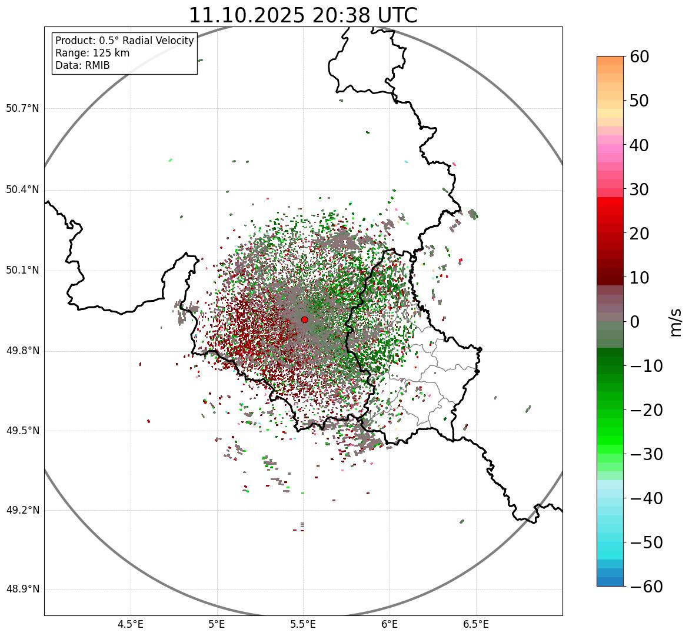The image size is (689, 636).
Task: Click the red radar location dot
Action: pyautogui.click(x=304, y=319)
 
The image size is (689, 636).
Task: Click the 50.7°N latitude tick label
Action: pyautogui.click(x=22, y=109)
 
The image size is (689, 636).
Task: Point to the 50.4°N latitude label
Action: pyautogui.click(x=22, y=190)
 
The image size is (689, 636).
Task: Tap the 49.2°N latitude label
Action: pyautogui.click(x=22, y=510)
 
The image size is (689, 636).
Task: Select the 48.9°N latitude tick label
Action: pyautogui.click(x=22, y=590)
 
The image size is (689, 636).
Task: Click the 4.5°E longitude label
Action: pyautogui.click(x=131, y=624)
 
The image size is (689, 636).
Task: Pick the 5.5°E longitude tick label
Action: pyautogui.click(x=303, y=624)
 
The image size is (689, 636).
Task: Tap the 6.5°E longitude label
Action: pyautogui.click(x=475, y=624)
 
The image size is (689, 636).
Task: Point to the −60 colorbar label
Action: pyautogui.click(x=646, y=587)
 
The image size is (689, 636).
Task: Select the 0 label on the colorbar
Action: pyautogui.click(x=635, y=322)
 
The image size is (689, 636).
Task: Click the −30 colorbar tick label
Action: pyautogui.click(x=646, y=454)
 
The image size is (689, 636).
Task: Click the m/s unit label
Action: pyautogui.click(x=676, y=322)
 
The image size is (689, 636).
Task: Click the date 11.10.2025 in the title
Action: pyautogui.click(x=247, y=15)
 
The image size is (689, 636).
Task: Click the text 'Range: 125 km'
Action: pyautogui.click(x=92, y=53)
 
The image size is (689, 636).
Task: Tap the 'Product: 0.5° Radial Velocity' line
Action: pyautogui.click(x=124, y=41)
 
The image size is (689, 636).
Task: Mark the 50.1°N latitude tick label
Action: pyautogui.click(x=22, y=271)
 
